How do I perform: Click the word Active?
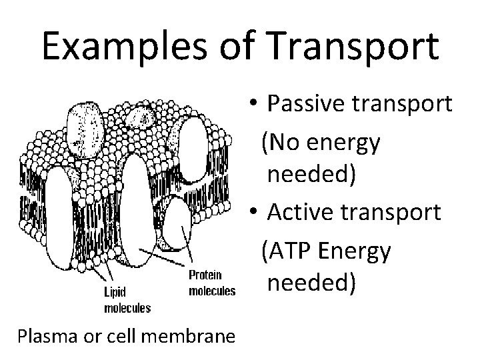pos(301,213)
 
